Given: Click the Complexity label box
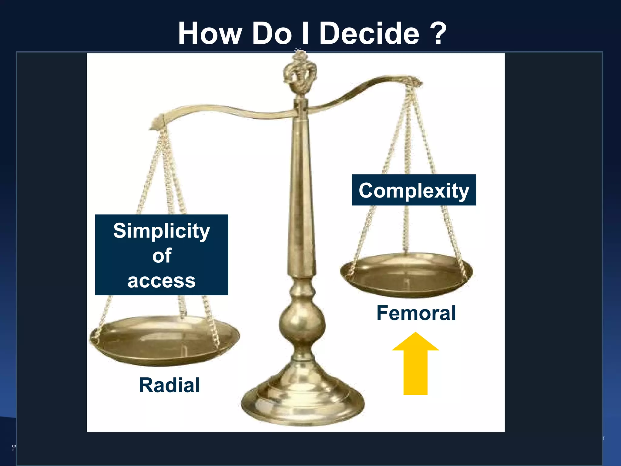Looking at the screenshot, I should [414, 190].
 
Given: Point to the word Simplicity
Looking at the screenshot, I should [161, 231].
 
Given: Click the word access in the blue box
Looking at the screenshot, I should [161, 281].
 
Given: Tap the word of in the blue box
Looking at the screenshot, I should [162, 255].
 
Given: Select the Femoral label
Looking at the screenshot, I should [416, 313].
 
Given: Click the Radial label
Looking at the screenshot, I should [169, 385].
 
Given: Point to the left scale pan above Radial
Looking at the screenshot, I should [165, 340].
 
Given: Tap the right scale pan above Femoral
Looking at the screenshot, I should [406, 275].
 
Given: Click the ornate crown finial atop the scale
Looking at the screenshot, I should [300, 73].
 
